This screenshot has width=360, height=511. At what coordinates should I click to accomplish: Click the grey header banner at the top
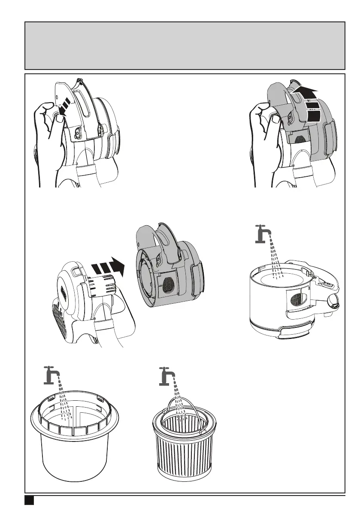(185, 45)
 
